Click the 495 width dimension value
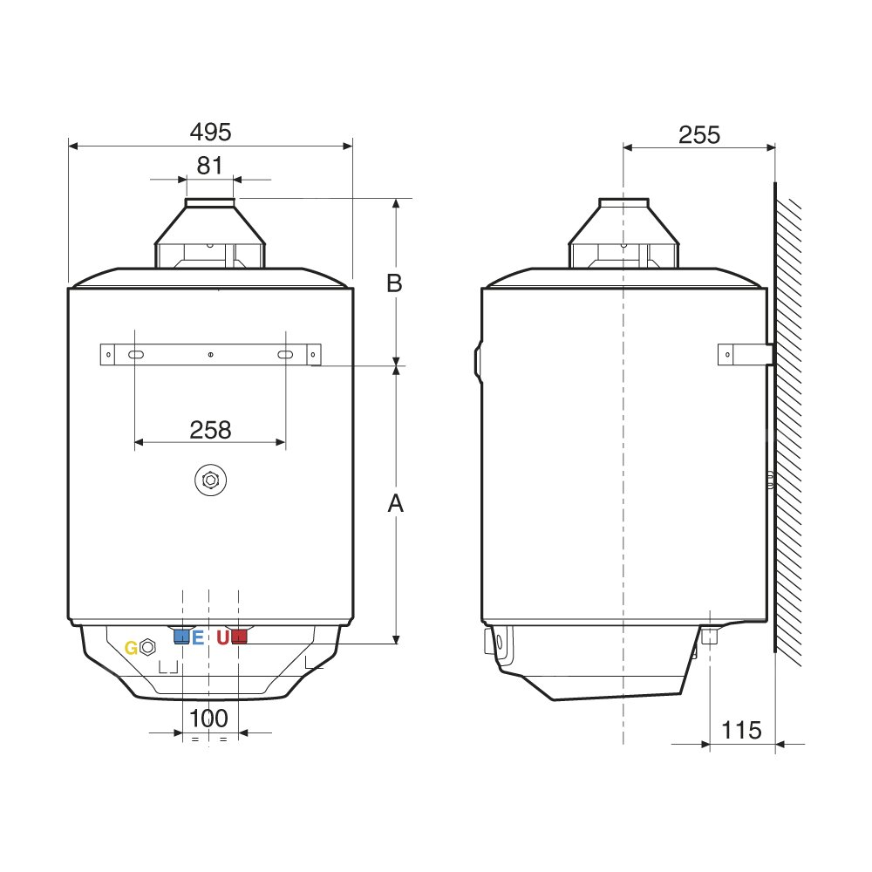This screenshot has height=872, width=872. pos(210,132)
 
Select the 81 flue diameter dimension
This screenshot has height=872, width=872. pos(209,165)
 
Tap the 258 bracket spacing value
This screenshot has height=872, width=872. pos(210,430)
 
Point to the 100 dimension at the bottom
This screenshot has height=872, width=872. pos(208,719)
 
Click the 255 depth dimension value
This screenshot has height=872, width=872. pos(699,134)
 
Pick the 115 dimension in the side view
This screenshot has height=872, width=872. pos(741,730)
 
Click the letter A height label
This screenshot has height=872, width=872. pos(395,503)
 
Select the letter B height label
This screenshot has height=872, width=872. pos(394,283)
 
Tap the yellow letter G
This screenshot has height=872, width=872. pos(132,648)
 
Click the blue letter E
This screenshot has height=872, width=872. pos(198,637)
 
